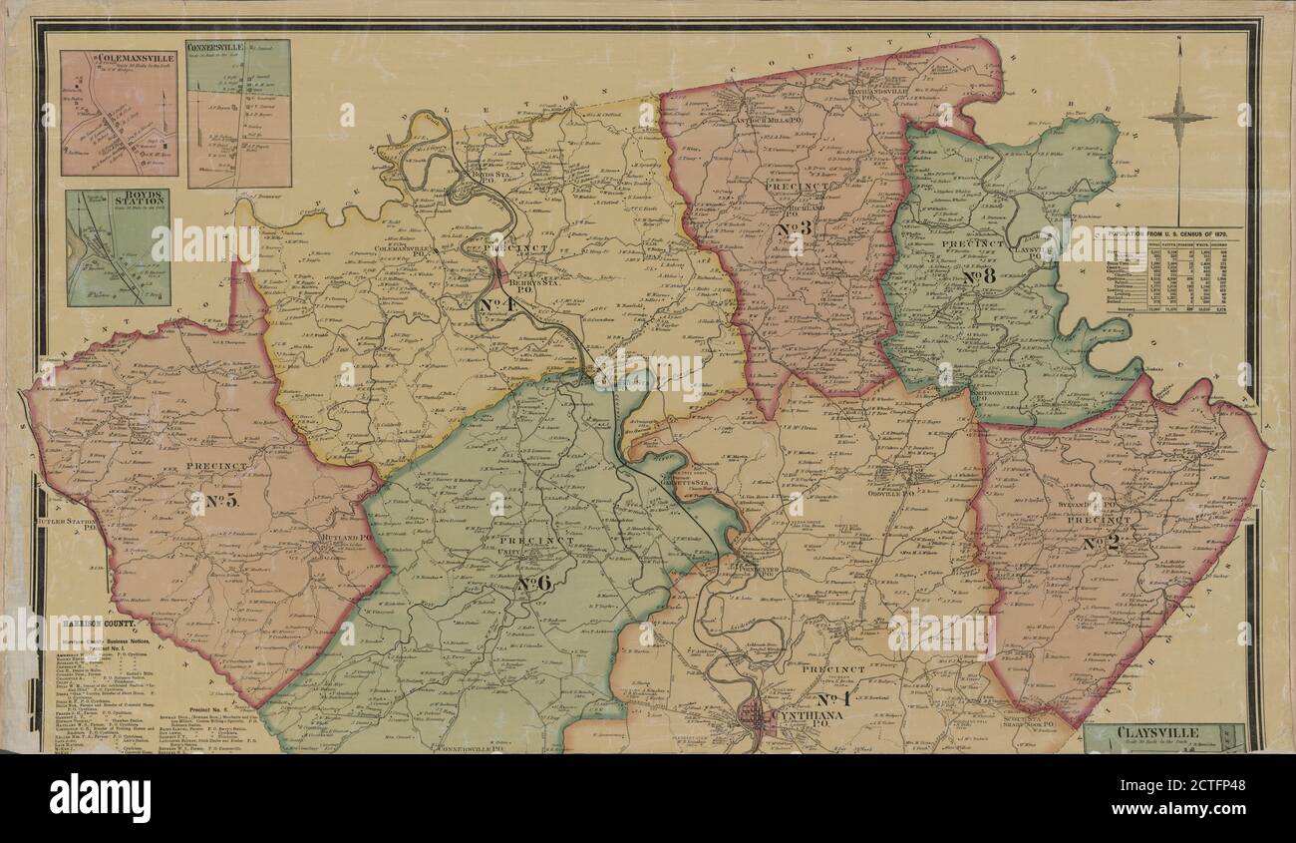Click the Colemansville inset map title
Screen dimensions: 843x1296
pyautogui.click(x=122, y=60)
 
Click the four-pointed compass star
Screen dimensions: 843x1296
pyautogui.click(x=1178, y=117)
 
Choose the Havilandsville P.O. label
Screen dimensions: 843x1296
pyautogui.click(x=884, y=91)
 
